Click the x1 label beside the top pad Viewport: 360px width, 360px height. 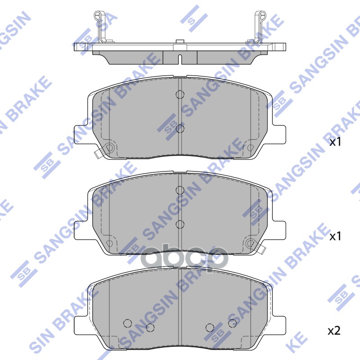coord(336,142)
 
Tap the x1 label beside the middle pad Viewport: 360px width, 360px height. coord(336,236)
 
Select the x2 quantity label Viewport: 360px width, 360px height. coord(333,332)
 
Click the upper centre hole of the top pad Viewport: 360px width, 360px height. coord(180,94)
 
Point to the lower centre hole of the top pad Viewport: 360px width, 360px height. coord(180,129)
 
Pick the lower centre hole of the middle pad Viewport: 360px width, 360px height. coord(180,224)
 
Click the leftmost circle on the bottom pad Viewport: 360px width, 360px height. coord(127,323)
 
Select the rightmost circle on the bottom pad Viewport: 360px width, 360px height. coord(232,323)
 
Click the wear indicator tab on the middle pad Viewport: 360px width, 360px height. coord(260,248)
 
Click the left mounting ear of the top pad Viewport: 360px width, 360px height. coord(81,135)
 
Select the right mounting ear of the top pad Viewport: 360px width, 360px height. coord(279,135)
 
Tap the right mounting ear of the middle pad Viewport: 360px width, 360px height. coord(279,230)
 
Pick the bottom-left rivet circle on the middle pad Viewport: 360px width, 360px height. coord(109,243)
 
